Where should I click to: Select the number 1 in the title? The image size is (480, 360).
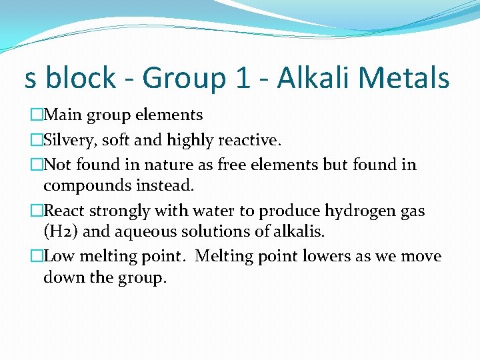tap(243, 78)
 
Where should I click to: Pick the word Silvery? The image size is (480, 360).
tap(69, 140)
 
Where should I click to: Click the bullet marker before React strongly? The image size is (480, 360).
tap(36, 211)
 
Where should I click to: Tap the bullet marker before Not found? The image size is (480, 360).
tap(36, 165)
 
